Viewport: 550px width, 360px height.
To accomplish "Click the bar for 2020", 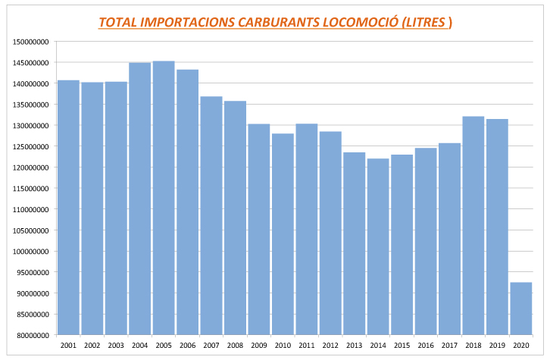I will (x=521, y=308).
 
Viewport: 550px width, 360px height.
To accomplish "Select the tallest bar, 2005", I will (x=164, y=198).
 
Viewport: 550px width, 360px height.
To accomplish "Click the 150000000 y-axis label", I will (x=32, y=42).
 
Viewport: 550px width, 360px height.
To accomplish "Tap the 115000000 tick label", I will (x=32, y=189).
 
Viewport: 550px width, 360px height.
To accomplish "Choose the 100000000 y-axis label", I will (x=32, y=252).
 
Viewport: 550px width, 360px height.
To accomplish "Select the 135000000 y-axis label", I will (x=32, y=105).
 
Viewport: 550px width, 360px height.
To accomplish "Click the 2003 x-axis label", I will (x=116, y=345).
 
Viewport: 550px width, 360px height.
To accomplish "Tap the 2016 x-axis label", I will (x=426, y=345).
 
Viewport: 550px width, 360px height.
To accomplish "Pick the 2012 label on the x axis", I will (x=330, y=345).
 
